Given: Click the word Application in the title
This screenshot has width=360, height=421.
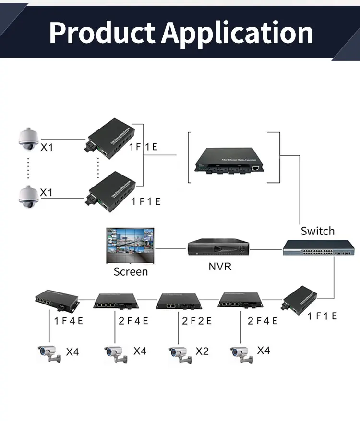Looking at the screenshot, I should click(238, 33).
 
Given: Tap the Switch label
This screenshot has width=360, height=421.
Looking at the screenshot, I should click(317, 231).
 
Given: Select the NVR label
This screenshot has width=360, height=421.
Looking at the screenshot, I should click(220, 266).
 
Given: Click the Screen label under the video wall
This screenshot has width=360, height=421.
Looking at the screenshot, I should click(131, 272).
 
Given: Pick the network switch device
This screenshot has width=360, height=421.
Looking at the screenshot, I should click(318, 247).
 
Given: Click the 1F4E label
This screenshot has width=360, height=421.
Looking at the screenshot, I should click(69, 321).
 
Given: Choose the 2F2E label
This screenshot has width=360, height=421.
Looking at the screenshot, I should click(196, 321).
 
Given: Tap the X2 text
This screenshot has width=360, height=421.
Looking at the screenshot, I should click(202, 351).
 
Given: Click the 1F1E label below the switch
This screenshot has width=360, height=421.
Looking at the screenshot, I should click(322, 316).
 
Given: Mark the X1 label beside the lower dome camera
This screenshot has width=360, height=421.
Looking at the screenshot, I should click(47, 192).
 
